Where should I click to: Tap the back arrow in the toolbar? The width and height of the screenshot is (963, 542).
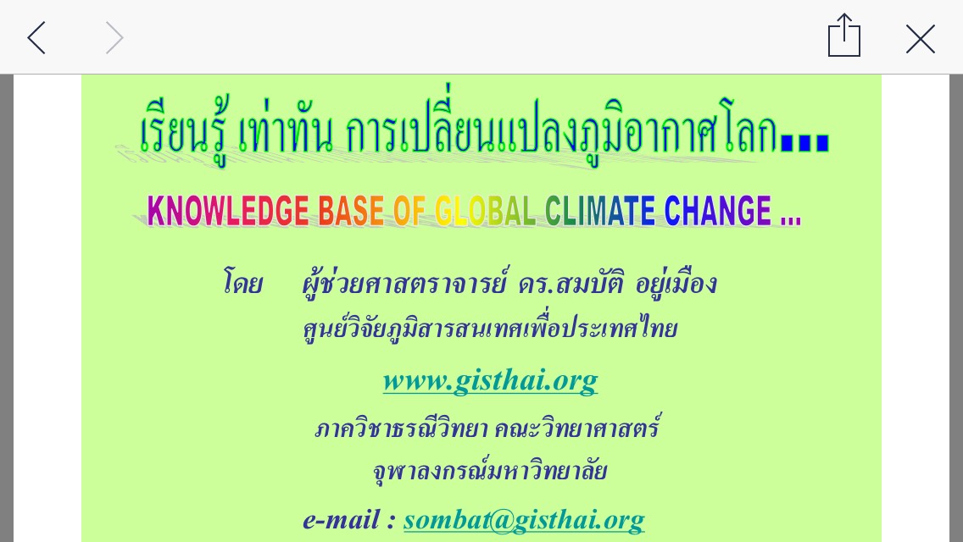point(36,37)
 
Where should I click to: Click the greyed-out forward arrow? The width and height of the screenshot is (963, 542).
point(114,37)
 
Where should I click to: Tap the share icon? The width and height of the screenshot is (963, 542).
point(843,35)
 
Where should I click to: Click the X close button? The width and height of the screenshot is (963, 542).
point(920,39)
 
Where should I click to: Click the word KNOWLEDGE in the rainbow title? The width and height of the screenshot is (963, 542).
point(228,211)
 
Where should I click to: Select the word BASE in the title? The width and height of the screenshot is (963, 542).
point(351,211)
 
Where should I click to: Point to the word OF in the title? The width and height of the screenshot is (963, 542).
point(409,211)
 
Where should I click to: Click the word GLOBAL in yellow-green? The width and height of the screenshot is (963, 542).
point(485,211)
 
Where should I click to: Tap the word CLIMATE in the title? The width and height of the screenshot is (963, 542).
point(600,211)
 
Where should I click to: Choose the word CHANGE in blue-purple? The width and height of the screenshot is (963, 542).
point(717,211)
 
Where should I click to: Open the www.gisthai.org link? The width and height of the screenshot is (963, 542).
point(490,380)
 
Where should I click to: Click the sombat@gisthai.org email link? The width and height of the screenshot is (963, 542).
point(524,520)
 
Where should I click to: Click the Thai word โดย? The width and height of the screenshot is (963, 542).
point(242,283)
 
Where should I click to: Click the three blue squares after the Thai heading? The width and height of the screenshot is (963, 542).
point(804,141)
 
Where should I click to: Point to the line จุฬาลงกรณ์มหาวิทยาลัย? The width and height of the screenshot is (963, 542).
point(490,471)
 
